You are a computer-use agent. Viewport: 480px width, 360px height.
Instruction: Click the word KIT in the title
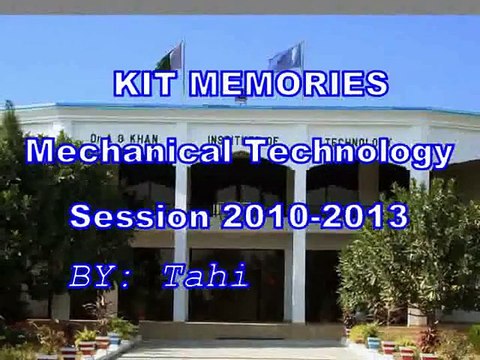pyautogui.click(x=144, y=84)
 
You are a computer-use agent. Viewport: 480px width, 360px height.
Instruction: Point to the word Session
pyautogui.click(x=132, y=214)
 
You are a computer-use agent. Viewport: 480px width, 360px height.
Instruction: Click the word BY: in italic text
pyautogui.click(x=99, y=274)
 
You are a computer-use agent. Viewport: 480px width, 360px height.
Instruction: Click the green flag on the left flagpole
pyautogui.click(x=172, y=58)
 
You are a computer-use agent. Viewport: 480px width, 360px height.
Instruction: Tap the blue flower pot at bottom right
pyautogui.click(x=374, y=343)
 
